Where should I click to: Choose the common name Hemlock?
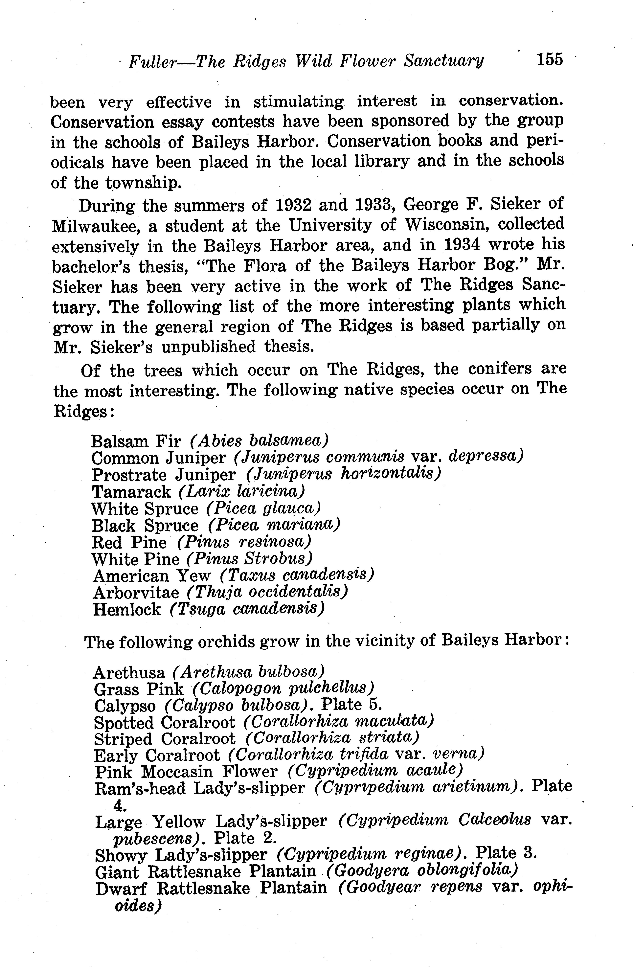(x=127, y=610)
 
